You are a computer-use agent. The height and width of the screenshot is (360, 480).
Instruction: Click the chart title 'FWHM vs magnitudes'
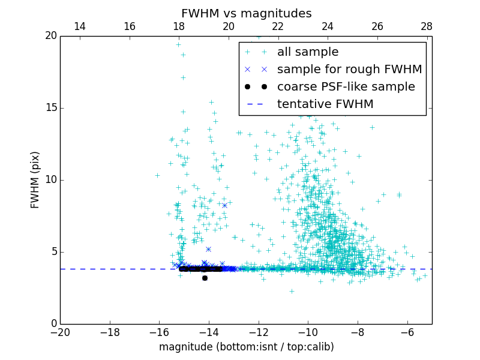point(246,13)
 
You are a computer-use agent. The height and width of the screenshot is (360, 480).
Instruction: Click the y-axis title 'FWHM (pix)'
point(35,179)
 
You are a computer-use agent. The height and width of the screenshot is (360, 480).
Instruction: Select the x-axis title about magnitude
point(246,347)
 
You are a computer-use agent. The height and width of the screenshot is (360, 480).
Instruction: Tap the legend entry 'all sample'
point(308,52)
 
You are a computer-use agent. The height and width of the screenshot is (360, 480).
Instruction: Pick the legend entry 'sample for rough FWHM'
point(349,69)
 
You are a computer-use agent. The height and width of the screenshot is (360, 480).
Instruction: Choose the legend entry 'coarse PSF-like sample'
point(346,86)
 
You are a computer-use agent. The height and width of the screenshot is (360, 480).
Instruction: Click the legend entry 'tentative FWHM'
point(325,104)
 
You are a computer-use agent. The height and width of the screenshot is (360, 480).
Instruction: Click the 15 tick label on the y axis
point(50,108)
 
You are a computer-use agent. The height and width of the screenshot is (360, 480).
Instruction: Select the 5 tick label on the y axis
point(53,252)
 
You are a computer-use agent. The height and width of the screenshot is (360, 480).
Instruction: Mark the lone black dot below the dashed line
point(205,278)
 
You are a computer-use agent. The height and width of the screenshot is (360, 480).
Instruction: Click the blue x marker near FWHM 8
point(224,205)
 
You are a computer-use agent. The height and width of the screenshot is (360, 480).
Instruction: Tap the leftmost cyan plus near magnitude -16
point(157,175)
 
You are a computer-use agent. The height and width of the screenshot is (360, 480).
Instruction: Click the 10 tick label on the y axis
point(50,180)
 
